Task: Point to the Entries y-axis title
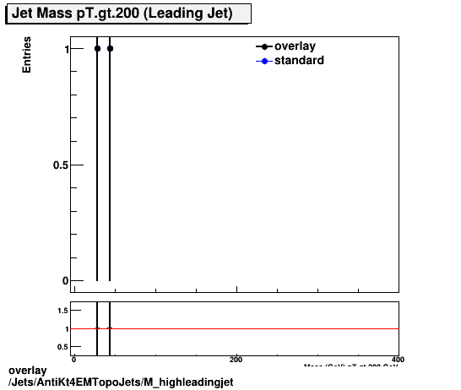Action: coord(28,56)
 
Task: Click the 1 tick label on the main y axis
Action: coord(56,49)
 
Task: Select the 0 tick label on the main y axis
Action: coord(56,280)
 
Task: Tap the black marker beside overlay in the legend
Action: coord(264,47)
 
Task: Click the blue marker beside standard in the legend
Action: coord(264,62)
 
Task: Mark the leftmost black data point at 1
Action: coord(97,49)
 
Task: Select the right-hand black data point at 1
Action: coord(110,49)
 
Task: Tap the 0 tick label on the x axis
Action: coord(74,359)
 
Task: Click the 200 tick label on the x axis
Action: coord(236,359)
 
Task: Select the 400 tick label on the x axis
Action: coord(398,359)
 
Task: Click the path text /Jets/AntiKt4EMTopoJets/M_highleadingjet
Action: coord(120,382)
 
